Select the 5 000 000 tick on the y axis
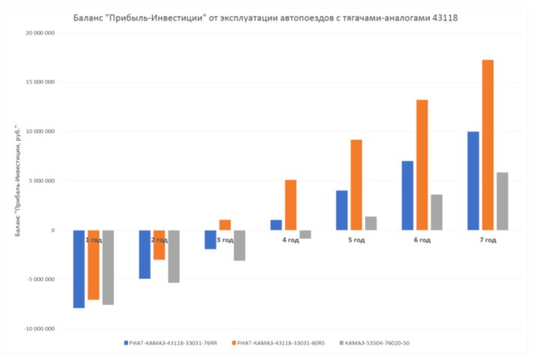[x=43, y=181]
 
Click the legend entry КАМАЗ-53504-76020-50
[x=378, y=343]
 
